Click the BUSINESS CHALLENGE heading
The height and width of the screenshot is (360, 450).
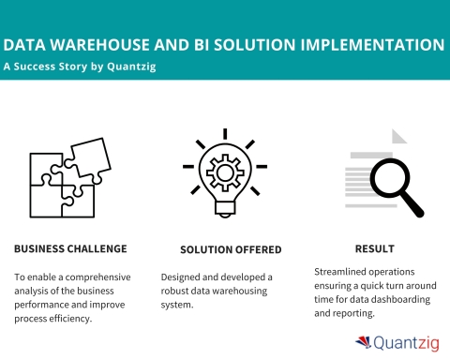[x=70, y=249]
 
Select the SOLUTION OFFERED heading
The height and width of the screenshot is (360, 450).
[x=225, y=249]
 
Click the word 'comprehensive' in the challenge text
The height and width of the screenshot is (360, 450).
[x=97, y=277]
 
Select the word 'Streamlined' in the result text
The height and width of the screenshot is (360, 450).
[x=344, y=272]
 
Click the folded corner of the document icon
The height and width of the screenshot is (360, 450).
[x=399, y=137]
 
